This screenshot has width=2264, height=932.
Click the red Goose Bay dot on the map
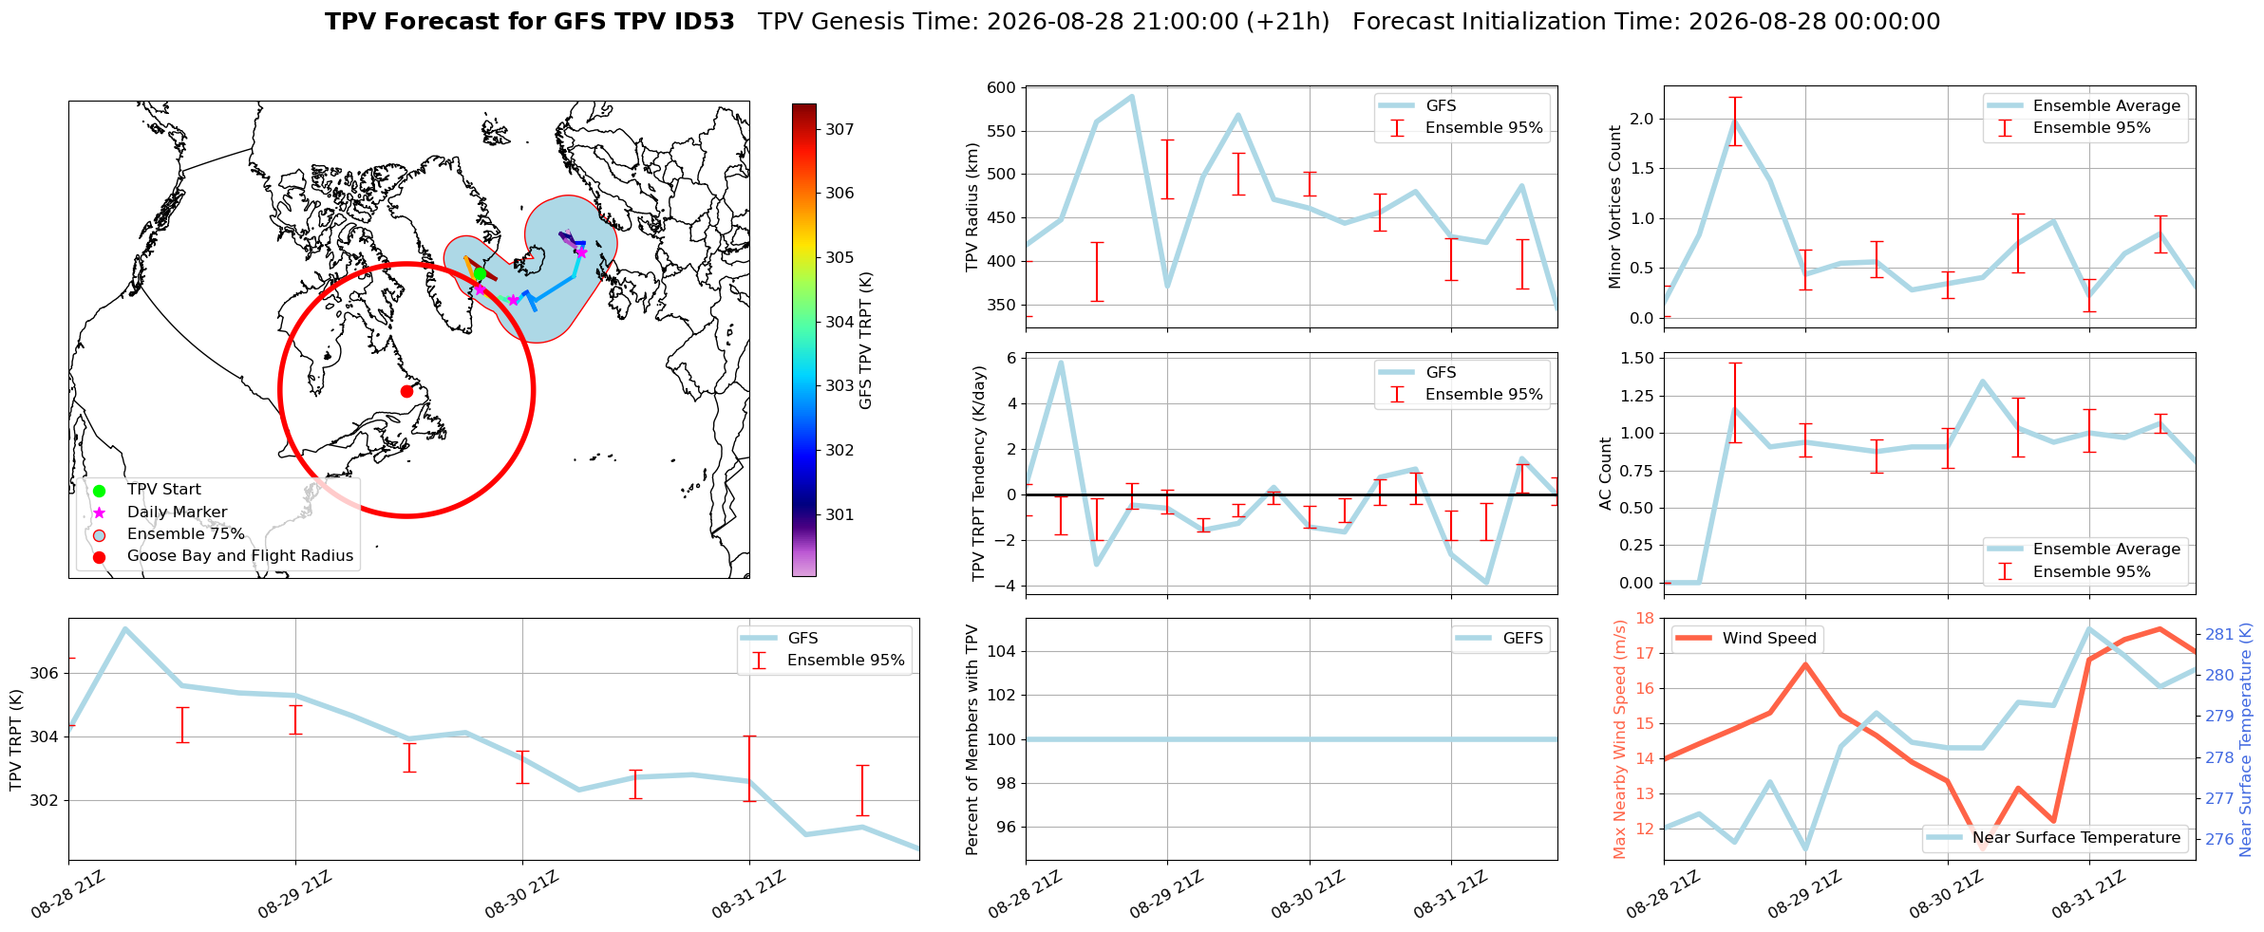406,391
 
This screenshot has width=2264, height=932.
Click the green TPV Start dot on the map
480,273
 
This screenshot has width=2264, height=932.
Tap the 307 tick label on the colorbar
840,129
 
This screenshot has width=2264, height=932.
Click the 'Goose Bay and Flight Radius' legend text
240,556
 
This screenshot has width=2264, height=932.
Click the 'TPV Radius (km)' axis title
972,207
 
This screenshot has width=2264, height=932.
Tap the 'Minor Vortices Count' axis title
1615,207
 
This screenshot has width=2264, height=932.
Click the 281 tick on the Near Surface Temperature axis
2217,634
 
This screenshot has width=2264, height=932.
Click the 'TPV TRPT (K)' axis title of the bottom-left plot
15,740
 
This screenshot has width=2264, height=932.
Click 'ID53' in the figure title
704,22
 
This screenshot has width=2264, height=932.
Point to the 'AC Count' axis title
1606,474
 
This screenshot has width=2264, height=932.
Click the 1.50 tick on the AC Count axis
1635,358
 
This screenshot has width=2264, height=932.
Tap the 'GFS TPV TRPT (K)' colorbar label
865,341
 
